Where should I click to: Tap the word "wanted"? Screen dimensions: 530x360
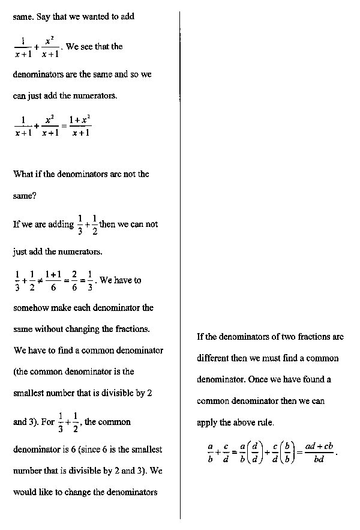coord(92,17)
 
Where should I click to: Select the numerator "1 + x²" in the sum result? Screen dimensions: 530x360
coord(80,119)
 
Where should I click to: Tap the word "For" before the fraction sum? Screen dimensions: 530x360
coord(47,421)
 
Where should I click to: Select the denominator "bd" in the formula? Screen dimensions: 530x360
coord(319,460)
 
